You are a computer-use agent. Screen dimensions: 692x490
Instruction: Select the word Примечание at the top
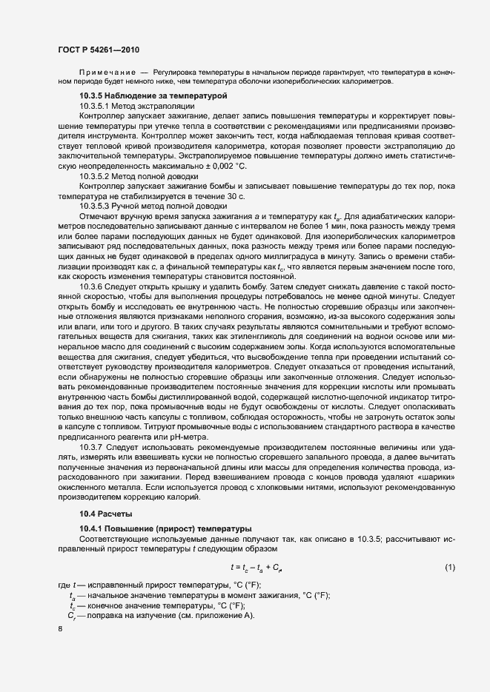tap(107, 72)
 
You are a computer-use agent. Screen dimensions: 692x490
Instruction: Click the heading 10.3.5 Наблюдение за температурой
tap(153, 97)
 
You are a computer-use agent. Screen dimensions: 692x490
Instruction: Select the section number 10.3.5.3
tap(97, 205)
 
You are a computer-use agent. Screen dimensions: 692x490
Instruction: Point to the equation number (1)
tap(449, 567)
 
